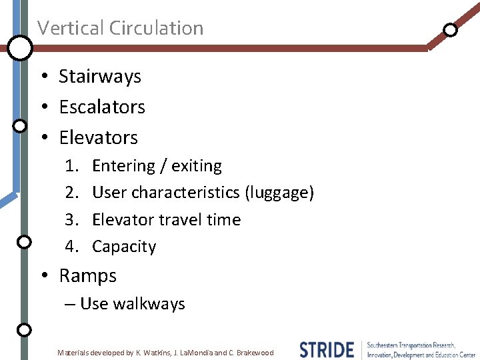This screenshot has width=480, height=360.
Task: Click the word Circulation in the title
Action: tap(157, 28)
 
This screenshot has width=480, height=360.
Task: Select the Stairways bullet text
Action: tap(100, 77)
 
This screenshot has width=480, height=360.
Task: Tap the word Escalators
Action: tap(102, 107)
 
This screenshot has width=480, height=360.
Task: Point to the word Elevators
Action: tap(99, 138)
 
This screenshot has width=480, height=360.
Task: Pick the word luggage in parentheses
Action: tap(279, 193)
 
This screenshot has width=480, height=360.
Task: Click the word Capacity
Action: tap(124, 247)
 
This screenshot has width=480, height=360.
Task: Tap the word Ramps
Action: tap(88, 276)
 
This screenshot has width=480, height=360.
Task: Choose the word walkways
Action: tap(149, 304)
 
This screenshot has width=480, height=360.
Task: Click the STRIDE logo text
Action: tap(327, 349)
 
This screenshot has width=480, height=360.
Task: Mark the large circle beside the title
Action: tap(20, 47)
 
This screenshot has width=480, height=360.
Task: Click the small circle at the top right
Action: tap(451, 29)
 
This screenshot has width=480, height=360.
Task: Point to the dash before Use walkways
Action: tap(70, 305)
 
